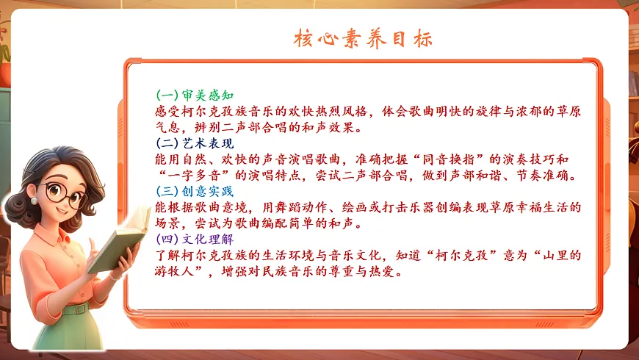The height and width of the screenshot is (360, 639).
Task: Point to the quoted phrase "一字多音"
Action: tap(188, 175)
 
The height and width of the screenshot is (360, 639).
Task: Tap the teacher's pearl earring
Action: tap(33, 201)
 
